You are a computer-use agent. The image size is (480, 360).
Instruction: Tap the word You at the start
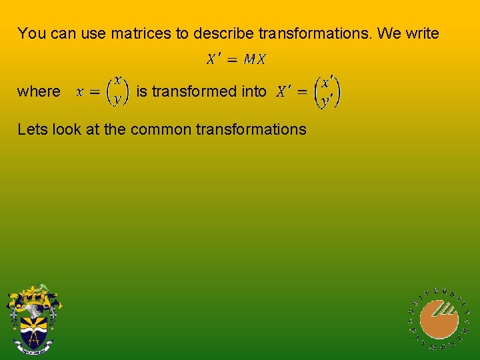click(x=31, y=33)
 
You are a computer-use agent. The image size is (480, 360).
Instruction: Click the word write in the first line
click(x=421, y=33)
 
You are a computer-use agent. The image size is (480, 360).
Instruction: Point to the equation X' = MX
click(x=236, y=59)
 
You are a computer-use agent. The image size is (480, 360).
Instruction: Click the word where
click(x=39, y=91)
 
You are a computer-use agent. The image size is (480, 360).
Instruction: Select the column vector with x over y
click(x=118, y=91)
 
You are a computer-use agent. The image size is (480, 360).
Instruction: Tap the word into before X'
click(x=254, y=91)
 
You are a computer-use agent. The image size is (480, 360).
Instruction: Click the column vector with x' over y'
click(x=327, y=91)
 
